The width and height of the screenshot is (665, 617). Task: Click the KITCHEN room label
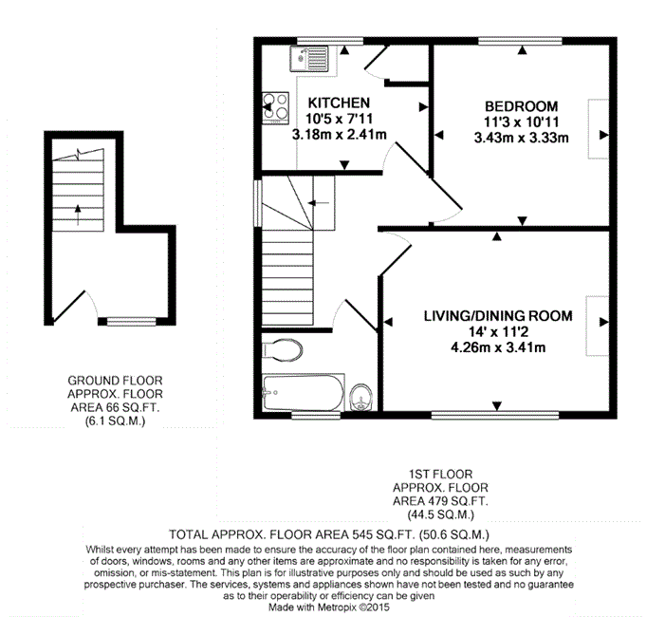pyautogui.click(x=339, y=103)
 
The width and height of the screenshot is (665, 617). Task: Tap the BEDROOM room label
pyautogui.click(x=521, y=106)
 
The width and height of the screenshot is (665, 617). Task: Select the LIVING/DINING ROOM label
pyautogui.click(x=498, y=316)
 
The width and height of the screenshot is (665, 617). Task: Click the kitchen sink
pyautogui.click(x=309, y=59)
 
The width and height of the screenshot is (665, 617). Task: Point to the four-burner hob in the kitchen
pyautogui.click(x=275, y=107)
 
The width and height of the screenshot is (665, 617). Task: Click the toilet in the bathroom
pyautogui.click(x=282, y=350)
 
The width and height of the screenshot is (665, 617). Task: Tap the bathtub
pyautogui.click(x=304, y=393)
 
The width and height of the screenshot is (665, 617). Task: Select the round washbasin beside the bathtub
pyautogui.click(x=360, y=397)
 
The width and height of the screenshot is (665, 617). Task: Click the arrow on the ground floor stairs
pyautogui.click(x=78, y=215)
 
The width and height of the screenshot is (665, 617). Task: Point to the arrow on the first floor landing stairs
pyautogui.click(x=319, y=203)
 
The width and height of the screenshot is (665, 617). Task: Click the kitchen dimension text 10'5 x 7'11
pyautogui.click(x=339, y=119)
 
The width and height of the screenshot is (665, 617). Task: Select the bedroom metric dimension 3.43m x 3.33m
pyautogui.click(x=521, y=138)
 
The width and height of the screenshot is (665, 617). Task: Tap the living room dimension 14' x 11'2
pyautogui.click(x=498, y=331)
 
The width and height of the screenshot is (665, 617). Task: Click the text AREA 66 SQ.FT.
pyautogui.click(x=115, y=408)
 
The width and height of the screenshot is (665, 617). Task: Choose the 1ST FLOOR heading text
pyautogui.click(x=440, y=474)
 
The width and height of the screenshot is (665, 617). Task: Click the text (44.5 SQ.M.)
pyautogui.click(x=440, y=514)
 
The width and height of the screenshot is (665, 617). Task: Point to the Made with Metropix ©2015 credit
pyautogui.click(x=328, y=608)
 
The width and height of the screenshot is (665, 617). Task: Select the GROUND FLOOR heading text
pyautogui.click(x=115, y=381)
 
